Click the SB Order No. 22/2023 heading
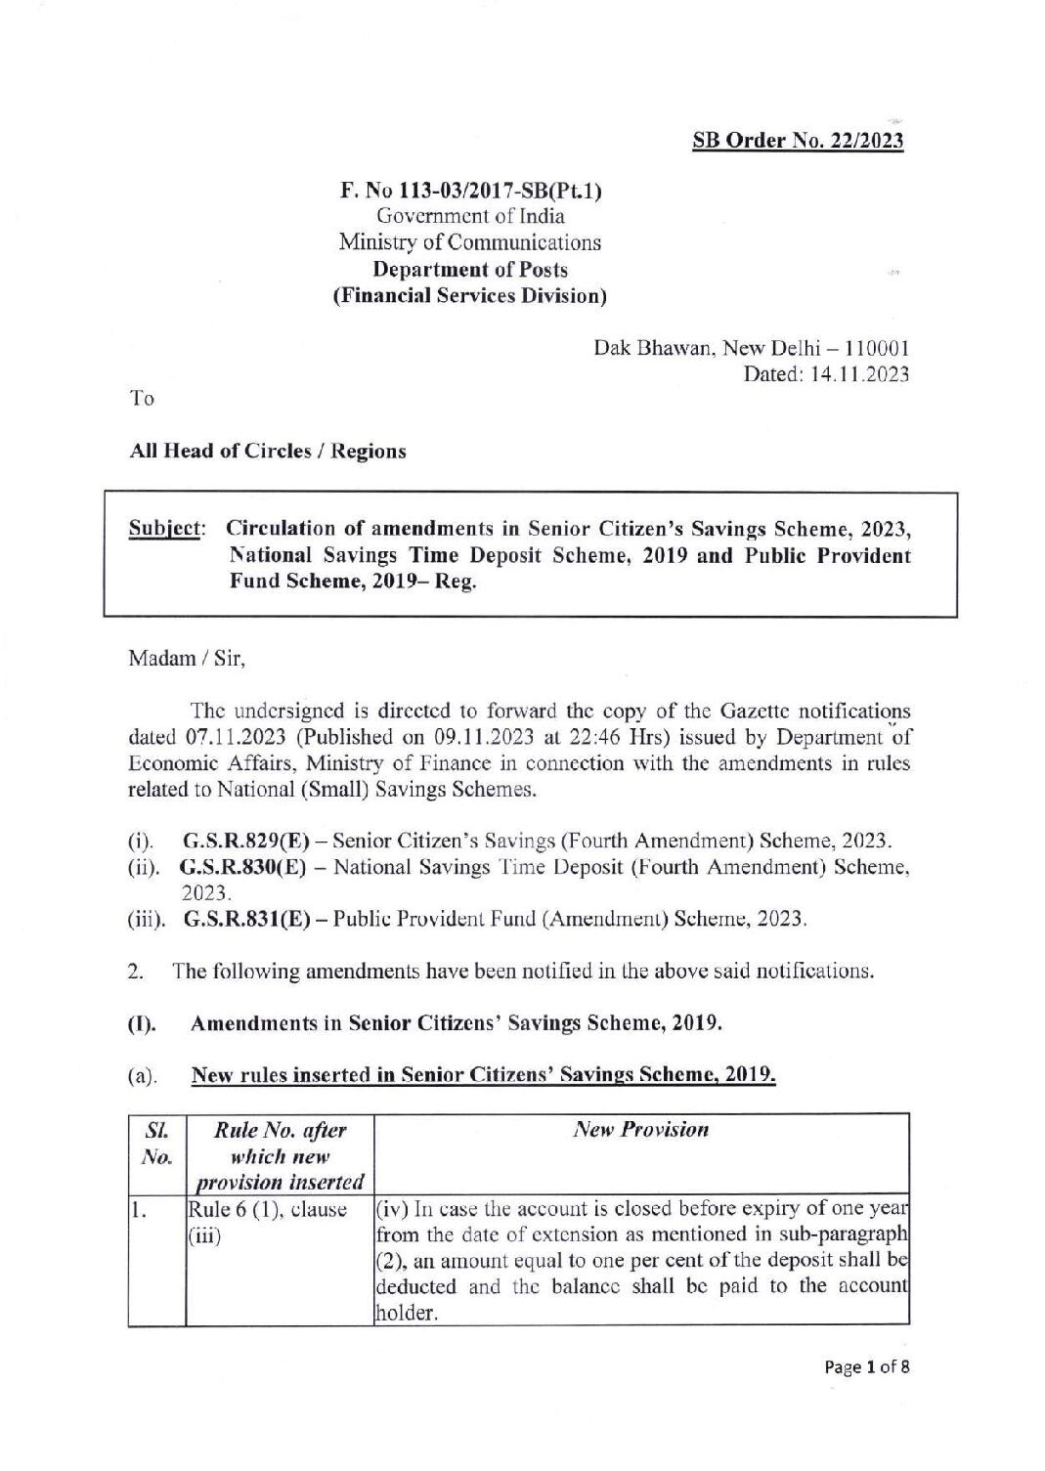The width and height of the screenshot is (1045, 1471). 798,141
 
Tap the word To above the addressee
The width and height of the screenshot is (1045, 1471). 142,399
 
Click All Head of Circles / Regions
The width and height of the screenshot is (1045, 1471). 268,452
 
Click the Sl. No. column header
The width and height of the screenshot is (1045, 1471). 154,1144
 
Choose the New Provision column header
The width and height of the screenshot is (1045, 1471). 640,1130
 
